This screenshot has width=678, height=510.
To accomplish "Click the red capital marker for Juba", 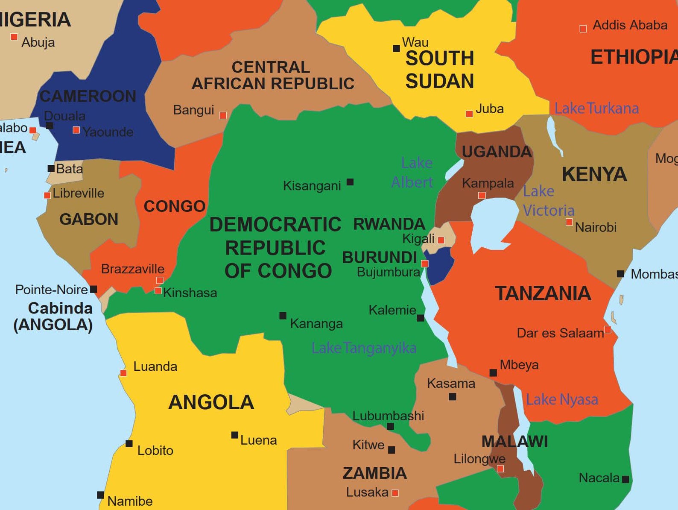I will click(x=469, y=114).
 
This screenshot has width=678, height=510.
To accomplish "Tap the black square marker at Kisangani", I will click(x=350, y=182).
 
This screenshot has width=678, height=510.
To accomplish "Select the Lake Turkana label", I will click(x=596, y=108).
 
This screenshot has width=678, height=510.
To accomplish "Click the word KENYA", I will click(x=594, y=174).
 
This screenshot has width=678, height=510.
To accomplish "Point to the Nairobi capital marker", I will click(x=569, y=222).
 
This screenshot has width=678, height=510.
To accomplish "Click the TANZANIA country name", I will click(x=543, y=293).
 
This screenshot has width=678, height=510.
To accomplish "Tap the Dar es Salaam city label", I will click(x=560, y=333).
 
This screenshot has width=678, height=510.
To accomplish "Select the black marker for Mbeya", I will click(x=493, y=373).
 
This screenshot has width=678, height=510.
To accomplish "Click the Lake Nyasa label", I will click(x=561, y=399).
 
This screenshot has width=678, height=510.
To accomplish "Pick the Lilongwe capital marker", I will click(x=500, y=469).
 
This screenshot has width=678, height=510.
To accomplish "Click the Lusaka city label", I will click(x=367, y=492).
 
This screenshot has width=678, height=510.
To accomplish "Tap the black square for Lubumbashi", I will click(x=390, y=426).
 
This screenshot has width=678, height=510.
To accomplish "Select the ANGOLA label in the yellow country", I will click(x=211, y=402).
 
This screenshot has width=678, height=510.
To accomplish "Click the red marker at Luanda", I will click(x=123, y=373).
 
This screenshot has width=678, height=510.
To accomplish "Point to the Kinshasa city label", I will click(x=190, y=293).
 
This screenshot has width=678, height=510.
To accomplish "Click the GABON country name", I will click(x=89, y=220).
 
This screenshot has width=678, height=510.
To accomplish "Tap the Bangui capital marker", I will click(x=223, y=115).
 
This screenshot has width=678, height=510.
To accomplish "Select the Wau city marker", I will click(x=396, y=49).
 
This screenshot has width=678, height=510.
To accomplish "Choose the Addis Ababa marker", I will click(x=583, y=29).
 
